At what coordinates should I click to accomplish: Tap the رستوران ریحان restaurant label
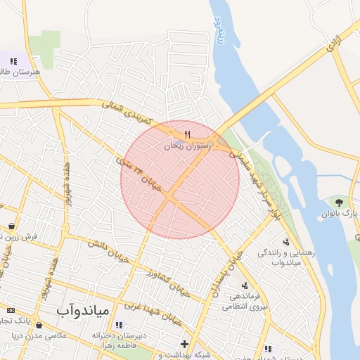[187, 146]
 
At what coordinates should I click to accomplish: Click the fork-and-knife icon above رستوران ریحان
[186, 134]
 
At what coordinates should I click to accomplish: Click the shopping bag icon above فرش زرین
[12, 226]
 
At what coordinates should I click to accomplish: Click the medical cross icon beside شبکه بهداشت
[184, 345]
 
